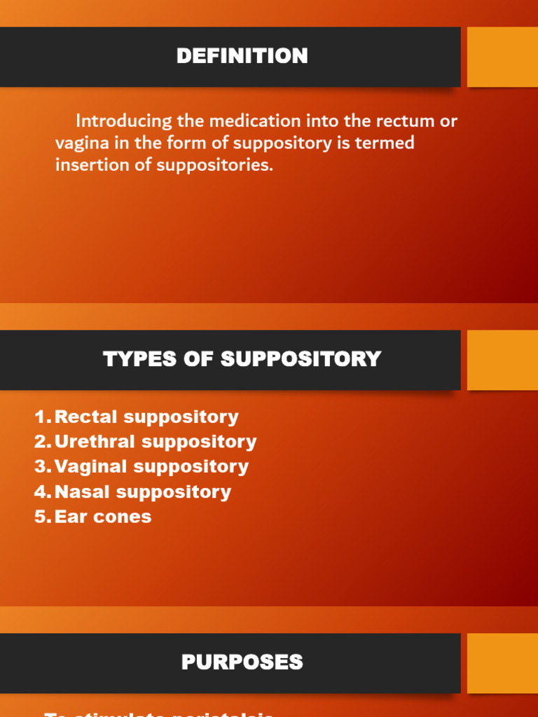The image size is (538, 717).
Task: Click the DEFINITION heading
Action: [x=242, y=56]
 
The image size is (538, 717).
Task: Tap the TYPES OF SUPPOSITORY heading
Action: [x=242, y=359]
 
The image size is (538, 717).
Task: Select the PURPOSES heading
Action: [x=242, y=662]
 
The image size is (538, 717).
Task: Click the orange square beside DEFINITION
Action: [x=502, y=57]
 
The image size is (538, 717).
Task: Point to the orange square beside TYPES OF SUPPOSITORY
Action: [x=502, y=360]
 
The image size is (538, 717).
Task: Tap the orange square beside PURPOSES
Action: [x=502, y=663]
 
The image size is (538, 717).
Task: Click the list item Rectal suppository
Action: [x=146, y=417]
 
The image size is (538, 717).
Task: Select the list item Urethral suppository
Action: [x=155, y=442]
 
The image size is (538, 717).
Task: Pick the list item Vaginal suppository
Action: [x=151, y=467]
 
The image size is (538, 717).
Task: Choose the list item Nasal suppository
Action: [x=142, y=492]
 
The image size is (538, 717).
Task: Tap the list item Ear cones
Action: [x=102, y=517]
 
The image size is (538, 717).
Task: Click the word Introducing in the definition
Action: [x=124, y=121]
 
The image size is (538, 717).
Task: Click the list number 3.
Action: [x=42, y=467]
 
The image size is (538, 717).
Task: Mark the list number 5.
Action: [x=42, y=517]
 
